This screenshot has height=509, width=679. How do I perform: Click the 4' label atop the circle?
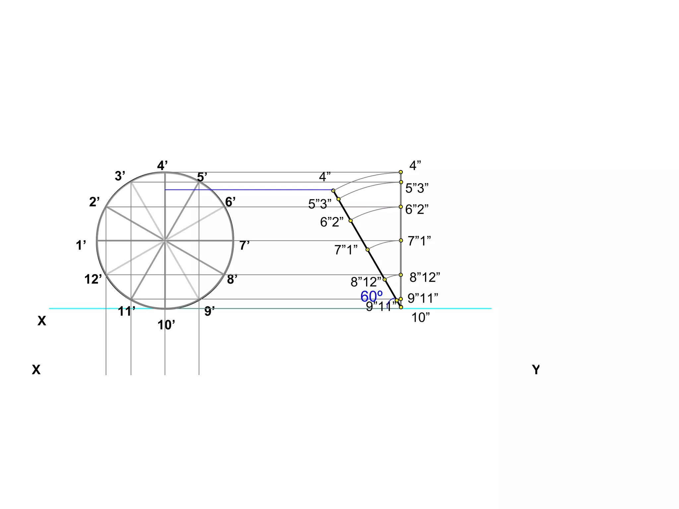click(x=162, y=165)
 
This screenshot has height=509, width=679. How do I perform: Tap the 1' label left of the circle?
click(x=81, y=246)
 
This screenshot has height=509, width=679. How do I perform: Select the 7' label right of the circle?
click(x=244, y=246)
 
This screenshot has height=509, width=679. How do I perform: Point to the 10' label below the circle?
click(x=166, y=325)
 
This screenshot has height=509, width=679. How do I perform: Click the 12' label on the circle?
click(x=93, y=279)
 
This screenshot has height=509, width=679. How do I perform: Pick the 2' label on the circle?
click(x=94, y=202)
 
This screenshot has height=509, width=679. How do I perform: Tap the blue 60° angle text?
click(x=371, y=296)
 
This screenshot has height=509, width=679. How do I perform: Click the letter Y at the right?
click(x=536, y=369)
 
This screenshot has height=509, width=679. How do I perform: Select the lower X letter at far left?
click(x=36, y=369)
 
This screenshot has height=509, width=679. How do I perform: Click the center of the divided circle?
click(x=165, y=241)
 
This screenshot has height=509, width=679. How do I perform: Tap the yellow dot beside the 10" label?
click(x=401, y=307)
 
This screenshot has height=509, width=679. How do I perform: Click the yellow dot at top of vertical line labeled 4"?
click(x=401, y=172)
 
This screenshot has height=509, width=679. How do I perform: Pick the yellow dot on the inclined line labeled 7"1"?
click(x=367, y=249)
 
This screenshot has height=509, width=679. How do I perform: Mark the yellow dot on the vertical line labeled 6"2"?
click(x=401, y=207)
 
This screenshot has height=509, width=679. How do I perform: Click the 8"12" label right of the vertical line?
click(x=425, y=277)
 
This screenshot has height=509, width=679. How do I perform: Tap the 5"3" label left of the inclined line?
click(x=320, y=204)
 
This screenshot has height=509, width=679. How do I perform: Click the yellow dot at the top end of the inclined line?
click(x=333, y=191)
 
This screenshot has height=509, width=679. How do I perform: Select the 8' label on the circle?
click(x=232, y=279)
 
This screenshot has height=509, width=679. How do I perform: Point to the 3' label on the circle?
click(x=120, y=176)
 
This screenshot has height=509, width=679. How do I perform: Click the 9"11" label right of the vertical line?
click(x=423, y=298)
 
